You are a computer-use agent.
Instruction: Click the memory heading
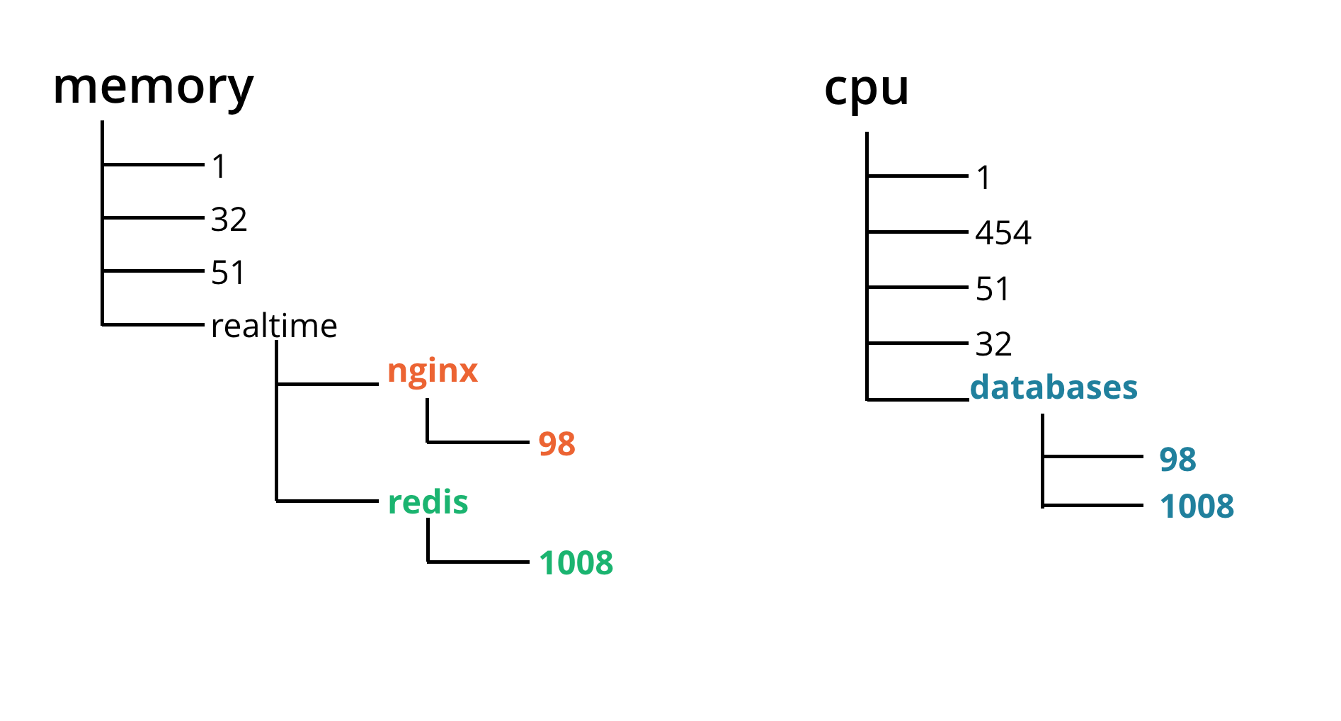[153, 86]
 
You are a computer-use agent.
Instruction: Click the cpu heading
[866, 89]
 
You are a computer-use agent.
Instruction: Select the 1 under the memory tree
[219, 166]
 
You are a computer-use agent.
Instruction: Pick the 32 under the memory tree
[229, 220]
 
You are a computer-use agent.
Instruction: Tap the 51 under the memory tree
[228, 273]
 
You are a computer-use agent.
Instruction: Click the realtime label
[274, 326]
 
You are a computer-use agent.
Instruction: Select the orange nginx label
[432, 370]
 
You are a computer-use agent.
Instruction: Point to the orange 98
[557, 444]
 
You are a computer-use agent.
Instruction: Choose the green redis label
[428, 502]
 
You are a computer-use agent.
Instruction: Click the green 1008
[576, 563]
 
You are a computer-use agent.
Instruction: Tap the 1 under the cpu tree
[983, 178]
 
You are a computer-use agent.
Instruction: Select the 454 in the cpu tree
[1003, 233]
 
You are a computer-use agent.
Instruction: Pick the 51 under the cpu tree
[992, 289]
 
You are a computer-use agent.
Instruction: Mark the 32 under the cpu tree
[993, 344]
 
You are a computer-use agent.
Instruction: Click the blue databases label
[1054, 387]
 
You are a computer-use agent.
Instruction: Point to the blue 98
[1177, 460]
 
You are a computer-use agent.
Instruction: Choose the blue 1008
[1197, 506]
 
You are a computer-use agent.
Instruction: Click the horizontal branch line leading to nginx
[328, 384]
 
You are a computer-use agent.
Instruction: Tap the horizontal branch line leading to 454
[918, 232]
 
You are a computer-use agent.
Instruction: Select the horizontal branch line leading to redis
[328, 501]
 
